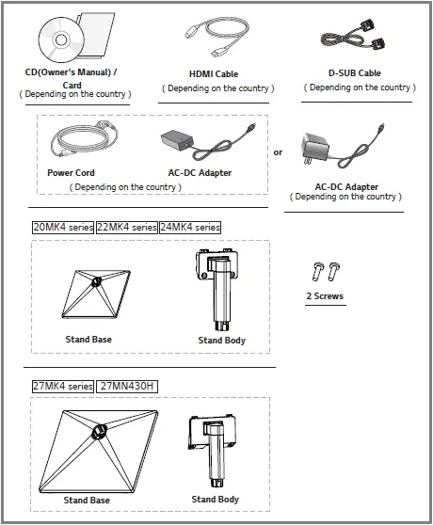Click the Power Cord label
tap(72, 173)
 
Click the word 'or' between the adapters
tap(278, 152)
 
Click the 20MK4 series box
tap(62, 228)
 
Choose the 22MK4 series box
tap(126, 228)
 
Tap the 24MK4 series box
tap(189, 228)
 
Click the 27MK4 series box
tap(62, 386)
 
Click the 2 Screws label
tap(325, 296)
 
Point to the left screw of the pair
tap(316, 274)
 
